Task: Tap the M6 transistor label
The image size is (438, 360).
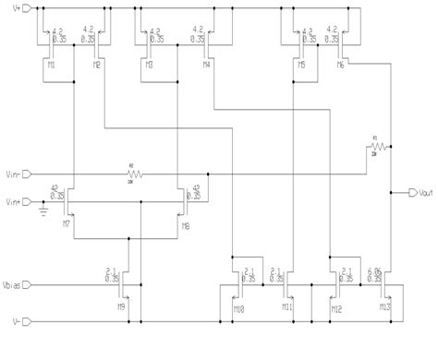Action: (341, 66)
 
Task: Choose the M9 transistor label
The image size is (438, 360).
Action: (121, 306)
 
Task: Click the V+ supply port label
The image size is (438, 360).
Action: (9, 7)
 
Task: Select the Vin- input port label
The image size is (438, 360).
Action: (11, 173)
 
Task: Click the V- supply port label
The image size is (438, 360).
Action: (9, 322)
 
